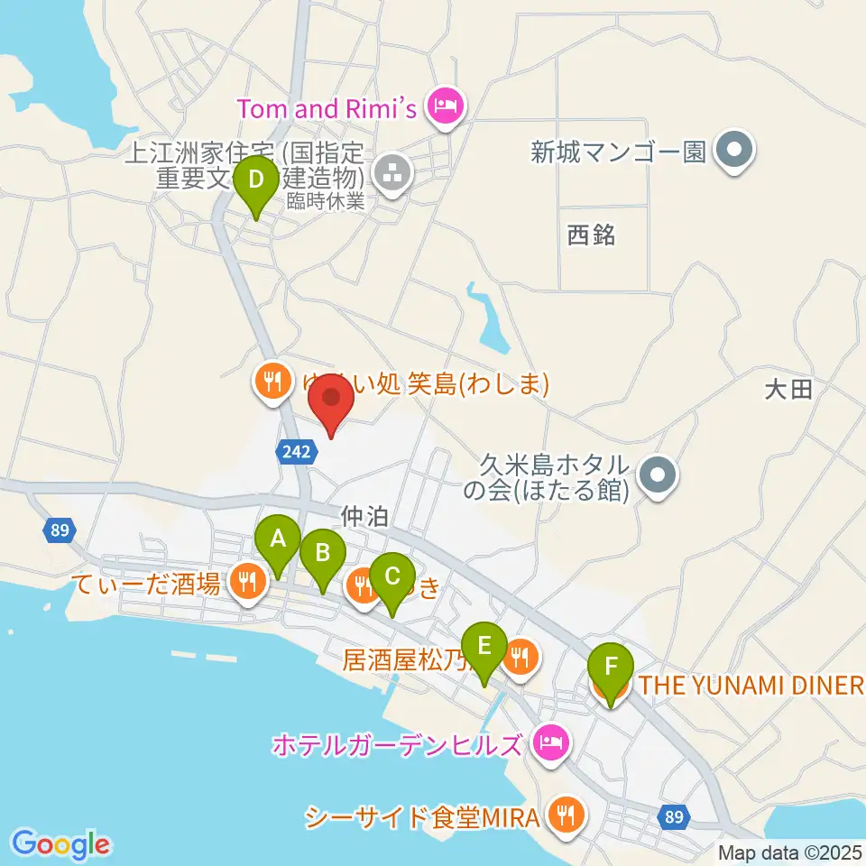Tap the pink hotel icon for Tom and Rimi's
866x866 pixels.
point(447,109)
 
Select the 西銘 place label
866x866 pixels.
point(592,235)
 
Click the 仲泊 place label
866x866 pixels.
point(365,517)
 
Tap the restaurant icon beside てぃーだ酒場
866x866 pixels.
point(246,582)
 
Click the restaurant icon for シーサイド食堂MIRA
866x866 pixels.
point(567,817)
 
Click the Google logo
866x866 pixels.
point(61,844)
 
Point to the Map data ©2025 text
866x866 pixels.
point(789,852)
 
